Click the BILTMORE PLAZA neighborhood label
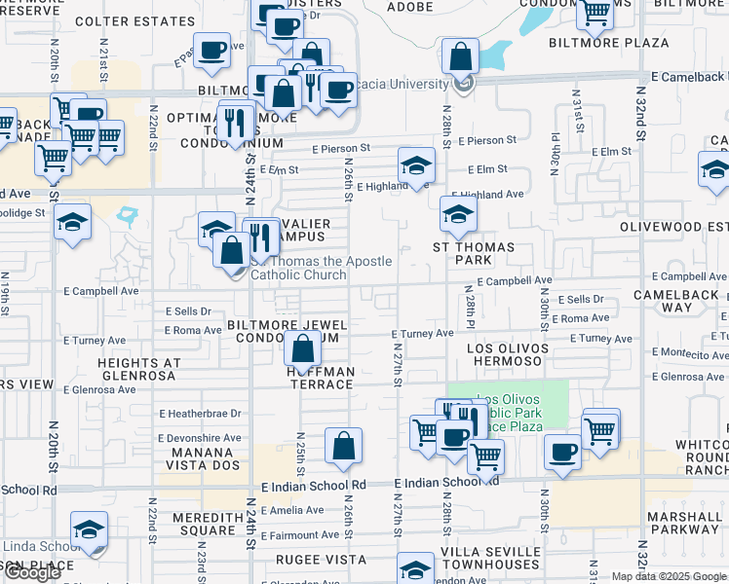tap(608, 43)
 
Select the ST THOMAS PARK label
tap(474, 254)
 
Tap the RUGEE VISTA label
tap(321, 560)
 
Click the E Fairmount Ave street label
tap(299, 535)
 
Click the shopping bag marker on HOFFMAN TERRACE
tap(304, 347)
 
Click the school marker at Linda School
tap(90, 529)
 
